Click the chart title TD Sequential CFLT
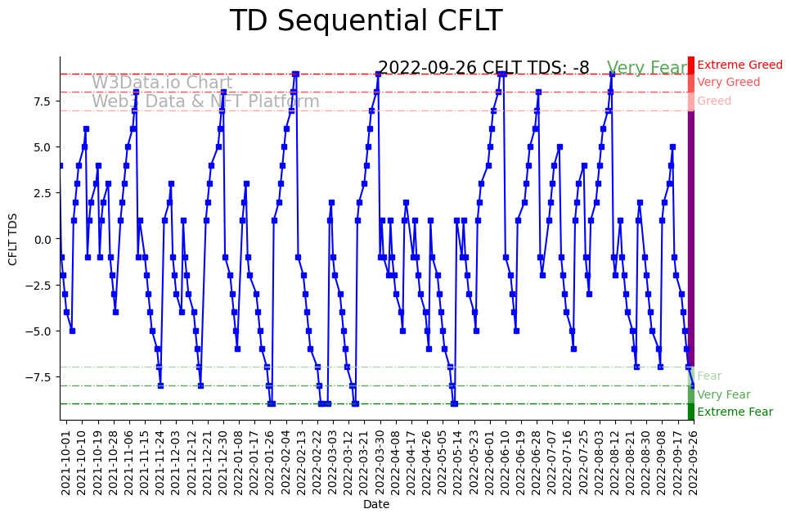[366, 21]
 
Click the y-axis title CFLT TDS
[13, 239]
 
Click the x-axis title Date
[376, 505]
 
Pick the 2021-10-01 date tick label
[66, 462]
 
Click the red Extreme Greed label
[739, 65]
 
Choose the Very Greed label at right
[728, 83]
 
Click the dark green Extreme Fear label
[735, 412]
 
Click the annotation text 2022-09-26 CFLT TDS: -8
[483, 69]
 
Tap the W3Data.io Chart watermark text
[162, 83]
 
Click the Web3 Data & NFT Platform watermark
[205, 102]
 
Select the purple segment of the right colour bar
[691, 237]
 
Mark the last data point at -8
[693, 385]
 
